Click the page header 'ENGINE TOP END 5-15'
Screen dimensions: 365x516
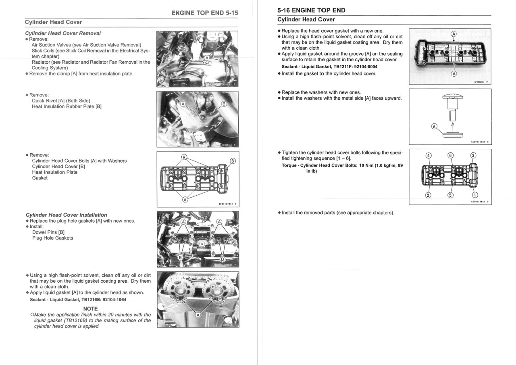tap(204, 13)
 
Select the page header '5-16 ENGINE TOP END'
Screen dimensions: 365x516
tap(311, 10)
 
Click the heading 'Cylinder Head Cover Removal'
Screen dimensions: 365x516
tap(63, 33)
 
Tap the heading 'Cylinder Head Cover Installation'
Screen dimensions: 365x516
tap(66, 215)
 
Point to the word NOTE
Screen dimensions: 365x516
tap(90, 309)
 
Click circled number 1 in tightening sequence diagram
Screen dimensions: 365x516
tap(474, 195)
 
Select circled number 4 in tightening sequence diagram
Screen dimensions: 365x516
tap(428, 156)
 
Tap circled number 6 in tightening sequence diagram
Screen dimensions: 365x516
tap(451, 156)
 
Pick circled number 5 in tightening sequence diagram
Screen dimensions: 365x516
tap(451, 195)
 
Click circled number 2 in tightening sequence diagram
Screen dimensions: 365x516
tap(428, 195)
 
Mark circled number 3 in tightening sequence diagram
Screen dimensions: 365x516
tap(473, 156)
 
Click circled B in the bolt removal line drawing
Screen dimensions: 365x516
tap(232, 161)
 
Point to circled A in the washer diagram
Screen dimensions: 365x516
tap(434, 126)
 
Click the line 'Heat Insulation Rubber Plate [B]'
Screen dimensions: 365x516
tap(67, 106)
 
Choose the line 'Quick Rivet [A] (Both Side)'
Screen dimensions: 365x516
tap(61, 101)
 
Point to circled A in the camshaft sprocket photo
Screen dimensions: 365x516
tap(198, 315)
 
